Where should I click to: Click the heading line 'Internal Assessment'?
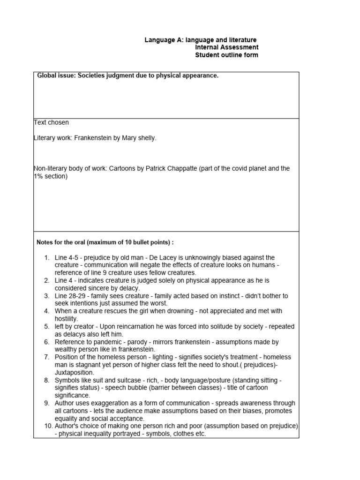pos(226,47)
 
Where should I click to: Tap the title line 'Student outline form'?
pos(226,55)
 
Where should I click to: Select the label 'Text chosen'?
pos(52,122)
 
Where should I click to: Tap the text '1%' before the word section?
pos(38,176)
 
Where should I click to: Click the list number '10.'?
pos(48,426)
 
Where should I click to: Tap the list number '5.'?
pos(47,326)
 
